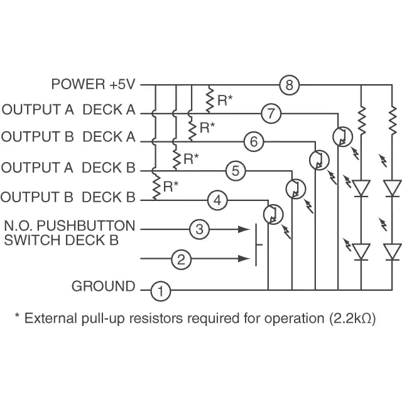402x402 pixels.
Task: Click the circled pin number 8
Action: click(289, 85)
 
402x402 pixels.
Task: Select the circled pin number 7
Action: click(271, 113)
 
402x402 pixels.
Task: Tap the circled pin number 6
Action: click(254, 141)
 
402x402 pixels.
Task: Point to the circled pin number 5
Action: click(236, 171)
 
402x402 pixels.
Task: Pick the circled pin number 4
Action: click(217, 200)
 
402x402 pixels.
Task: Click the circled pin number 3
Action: click(200, 229)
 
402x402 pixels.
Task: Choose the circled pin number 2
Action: click(182, 259)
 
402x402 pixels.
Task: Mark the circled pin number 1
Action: click(161, 291)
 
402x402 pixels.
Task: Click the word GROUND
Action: click(103, 286)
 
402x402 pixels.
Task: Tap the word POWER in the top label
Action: click(79, 84)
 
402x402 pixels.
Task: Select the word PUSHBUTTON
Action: click(86, 226)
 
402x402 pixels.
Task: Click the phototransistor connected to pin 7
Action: click(342, 137)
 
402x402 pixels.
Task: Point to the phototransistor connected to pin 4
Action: click(273, 214)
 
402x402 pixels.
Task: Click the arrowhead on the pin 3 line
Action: click(244, 229)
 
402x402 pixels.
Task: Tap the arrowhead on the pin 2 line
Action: click(244, 259)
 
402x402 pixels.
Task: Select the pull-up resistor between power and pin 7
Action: click(210, 99)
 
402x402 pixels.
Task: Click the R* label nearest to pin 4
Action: click(171, 187)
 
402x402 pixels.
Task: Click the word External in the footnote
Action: click(51, 318)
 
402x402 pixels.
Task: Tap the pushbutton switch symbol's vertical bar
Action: click(256, 245)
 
